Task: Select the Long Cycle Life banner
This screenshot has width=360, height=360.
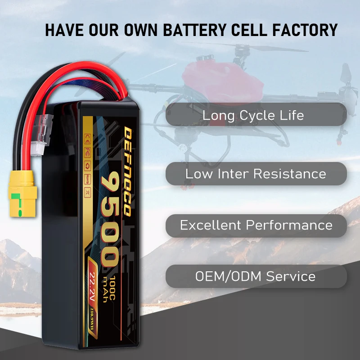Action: pyautogui.click(x=253, y=115)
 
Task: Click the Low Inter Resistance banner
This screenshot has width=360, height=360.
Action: pyautogui.click(x=256, y=174)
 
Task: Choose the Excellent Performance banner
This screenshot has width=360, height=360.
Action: pyautogui.click(x=256, y=225)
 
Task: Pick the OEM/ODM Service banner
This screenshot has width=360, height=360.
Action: pyautogui.click(x=255, y=276)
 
